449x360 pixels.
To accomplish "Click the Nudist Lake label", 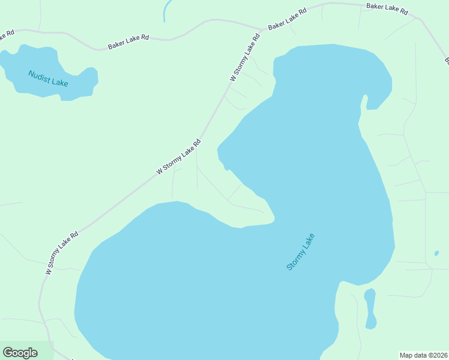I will pyautogui.click(x=48, y=78).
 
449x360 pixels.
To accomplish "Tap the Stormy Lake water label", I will pyautogui.click(x=300, y=251).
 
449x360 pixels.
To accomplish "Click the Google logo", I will pyautogui.click(x=20, y=353).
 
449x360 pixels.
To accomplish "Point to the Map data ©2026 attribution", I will pyautogui.click(x=423, y=355).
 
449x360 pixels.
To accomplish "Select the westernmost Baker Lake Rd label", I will pyautogui.click(x=128, y=41).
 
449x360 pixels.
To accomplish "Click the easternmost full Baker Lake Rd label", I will pyautogui.click(x=388, y=9).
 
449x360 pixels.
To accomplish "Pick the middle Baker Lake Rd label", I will pyautogui.click(x=288, y=19).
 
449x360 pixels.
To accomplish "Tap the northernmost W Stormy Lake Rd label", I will pyautogui.click(x=246, y=58).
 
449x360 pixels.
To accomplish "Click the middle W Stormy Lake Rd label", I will pyautogui.click(x=178, y=157).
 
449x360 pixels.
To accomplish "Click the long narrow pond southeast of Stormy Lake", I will pyautogui.click(x=370, y=308).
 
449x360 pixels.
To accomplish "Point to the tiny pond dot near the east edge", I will pyautogui.click(x=436, y=253).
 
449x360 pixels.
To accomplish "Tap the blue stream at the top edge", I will pyautogui.click(x=166, y=10).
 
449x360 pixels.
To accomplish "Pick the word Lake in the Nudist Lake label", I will pyautogui.click(x=59, y=82).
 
